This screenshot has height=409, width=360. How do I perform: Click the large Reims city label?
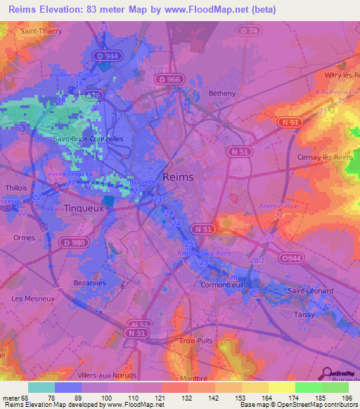(x=178, y=178)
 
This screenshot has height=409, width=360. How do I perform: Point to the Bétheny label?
(x=222, y=93)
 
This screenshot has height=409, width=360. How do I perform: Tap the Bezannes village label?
(x=89, y=282)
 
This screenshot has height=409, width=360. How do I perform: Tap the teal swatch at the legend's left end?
(x=41, y=387)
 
